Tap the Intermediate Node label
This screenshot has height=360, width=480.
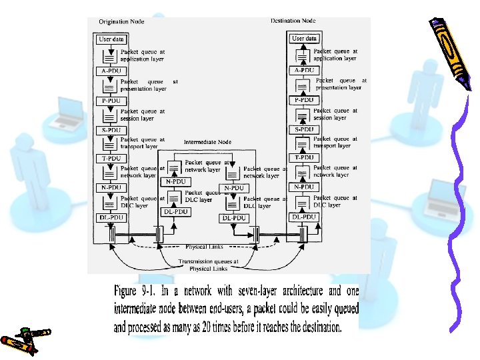pos(207,142)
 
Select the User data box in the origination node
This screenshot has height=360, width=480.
pos(111,39)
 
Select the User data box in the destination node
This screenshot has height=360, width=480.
pos(303,39)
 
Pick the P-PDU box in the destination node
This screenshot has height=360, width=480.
pos(303,99)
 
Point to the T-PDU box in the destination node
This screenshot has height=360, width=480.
pos(303,157)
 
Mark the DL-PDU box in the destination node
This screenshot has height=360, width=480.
pos(303,217)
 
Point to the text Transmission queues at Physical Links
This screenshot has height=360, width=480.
pos(203,265)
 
